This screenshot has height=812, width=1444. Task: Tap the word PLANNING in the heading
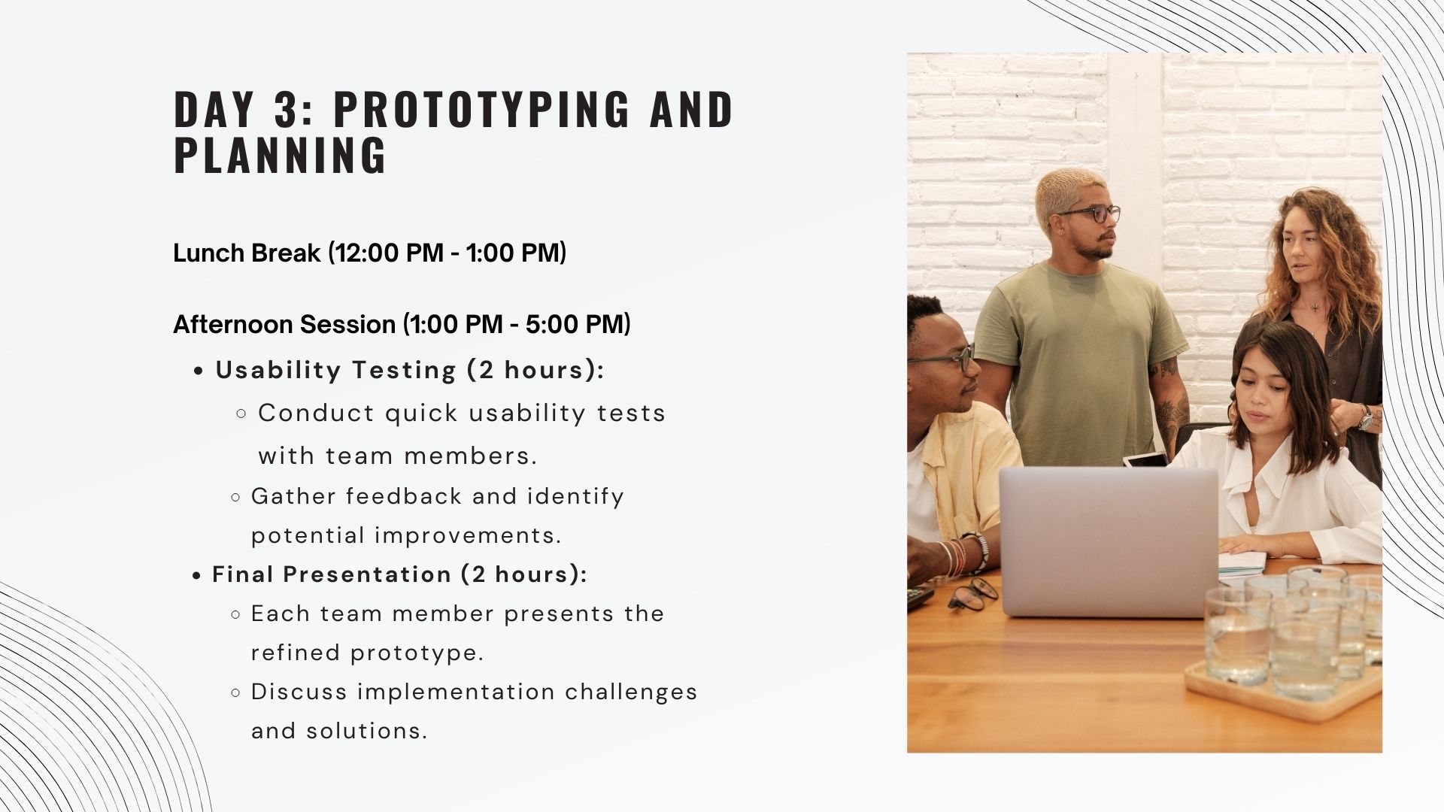281,156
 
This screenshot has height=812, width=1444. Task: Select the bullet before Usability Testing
199,371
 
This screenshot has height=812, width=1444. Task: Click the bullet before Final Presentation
196,576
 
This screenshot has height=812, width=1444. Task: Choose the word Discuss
299,692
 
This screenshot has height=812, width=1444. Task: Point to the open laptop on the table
1109,541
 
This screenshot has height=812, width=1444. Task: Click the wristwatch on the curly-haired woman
1365,418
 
